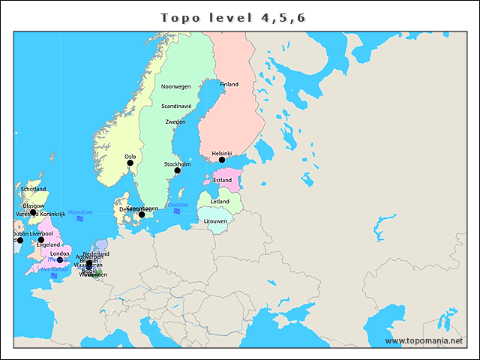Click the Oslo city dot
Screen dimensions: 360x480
pos(130,163)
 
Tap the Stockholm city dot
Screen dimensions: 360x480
pos(177,171)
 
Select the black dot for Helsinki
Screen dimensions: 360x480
pos(222,160)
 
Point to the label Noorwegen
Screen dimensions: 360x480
pos(176,87)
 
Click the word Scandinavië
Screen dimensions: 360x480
pos(177,106)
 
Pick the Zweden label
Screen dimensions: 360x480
pos(175,121)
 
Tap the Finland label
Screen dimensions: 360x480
pos(229,85)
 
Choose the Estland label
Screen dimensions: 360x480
pos(223,181)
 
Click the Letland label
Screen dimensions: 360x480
pos(220,202)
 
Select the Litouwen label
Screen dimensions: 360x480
pos(216,221)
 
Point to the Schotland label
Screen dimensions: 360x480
pos(33,189)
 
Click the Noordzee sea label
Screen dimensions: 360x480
pos(80,212)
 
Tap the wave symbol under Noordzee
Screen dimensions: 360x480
pos(80,219)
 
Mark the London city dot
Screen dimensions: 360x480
pos(60,260)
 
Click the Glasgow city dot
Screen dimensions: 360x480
pos(33,212)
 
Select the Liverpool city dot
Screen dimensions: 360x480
pos(41,240)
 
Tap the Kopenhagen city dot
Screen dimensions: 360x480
pos(142,215)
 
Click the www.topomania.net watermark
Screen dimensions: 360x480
pos(424,341)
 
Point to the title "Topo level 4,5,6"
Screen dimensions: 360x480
pos(232,17)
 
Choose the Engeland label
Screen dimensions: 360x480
pos(48,245)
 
